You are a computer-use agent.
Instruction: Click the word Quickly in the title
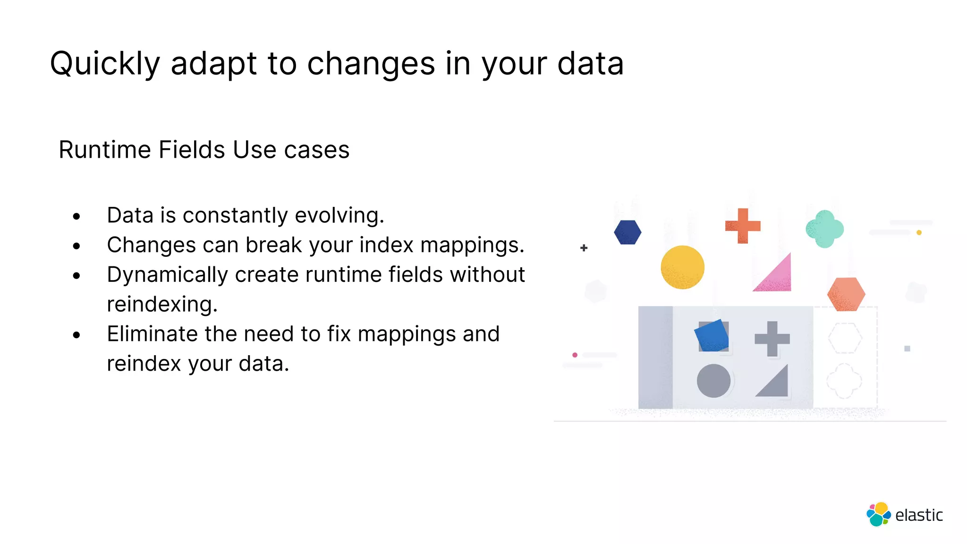pos(105,64)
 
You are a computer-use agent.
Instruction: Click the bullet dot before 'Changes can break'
pos(76,246)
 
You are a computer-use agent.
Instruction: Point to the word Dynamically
pos(168,275)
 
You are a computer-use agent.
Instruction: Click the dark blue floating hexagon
pos(628,232)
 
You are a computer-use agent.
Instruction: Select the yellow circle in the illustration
pos(682,267)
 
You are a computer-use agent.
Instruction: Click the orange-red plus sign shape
pos(743,226)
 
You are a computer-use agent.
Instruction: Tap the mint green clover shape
pos(824,229)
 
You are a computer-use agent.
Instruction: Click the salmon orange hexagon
pos(846,294)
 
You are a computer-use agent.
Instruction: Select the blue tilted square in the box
pos(712,336)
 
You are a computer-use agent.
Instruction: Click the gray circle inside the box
pos(713,381)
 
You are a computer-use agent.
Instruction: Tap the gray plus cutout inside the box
pos(772,339)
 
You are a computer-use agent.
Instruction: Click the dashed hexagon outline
pos(845,338)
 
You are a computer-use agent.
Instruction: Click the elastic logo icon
pos(878,514)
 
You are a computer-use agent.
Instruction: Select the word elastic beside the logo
pos(918,515)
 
